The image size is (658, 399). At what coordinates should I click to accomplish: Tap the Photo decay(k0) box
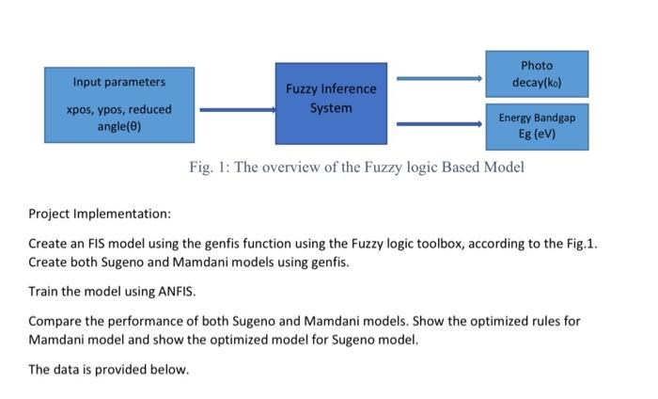point(537,74)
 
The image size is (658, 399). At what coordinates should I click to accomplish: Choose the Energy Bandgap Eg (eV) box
point(537,127)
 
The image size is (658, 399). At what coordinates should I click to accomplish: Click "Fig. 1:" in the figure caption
point(207,168)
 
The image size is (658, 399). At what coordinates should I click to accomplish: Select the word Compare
point(55,320)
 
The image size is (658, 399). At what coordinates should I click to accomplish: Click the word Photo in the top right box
point(537,66)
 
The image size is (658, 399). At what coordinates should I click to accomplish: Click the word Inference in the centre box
point(347,89)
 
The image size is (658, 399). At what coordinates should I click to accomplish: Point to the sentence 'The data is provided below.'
point(109,369)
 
